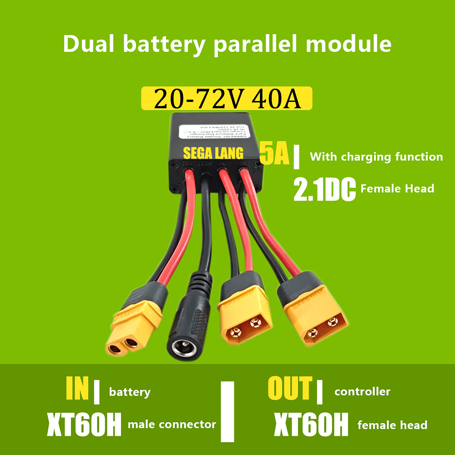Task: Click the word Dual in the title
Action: pyautogui.click(x=88, y=44)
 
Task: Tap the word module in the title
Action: pyautogui.click(x=348, y=44)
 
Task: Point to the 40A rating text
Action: pyautogui.click(x=276, y=99)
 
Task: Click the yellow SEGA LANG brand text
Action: pyautogui.click(x=213, y=153)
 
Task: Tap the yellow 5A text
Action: pyautogui.click(x=274, y=154)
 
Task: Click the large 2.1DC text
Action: pyautogui.click(x=324, y=189)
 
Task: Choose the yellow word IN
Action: pyautogui.click(x=77, y=388)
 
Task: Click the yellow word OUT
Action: pyautogui.click(x=290, y=388)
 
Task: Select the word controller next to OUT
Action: pyautogui.click(x=362, y=392)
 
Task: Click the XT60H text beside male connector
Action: pyautogui.click(x=84, y=424)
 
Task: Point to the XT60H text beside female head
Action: pyautogui.click(x=311, y=424)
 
